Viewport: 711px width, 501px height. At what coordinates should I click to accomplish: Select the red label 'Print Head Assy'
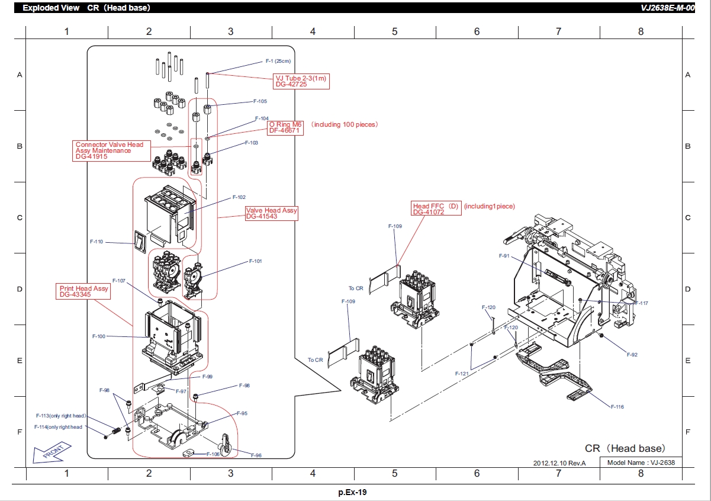click(x=83, y=288)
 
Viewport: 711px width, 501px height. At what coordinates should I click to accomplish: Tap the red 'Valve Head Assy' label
click(x=272, y=210)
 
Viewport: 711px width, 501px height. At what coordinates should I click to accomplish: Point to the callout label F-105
click(x=259, y=101)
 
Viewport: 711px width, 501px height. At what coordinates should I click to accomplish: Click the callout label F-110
click(x=96, y=242)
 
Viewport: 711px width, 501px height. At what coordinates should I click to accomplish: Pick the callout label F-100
click(x=99, y=336)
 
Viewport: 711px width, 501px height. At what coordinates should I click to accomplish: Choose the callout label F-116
click(x=617, y=407)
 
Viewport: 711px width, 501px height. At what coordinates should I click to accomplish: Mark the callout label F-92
click(x=632, y=355)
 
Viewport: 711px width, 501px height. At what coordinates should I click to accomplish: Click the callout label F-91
click(x=504, y=256)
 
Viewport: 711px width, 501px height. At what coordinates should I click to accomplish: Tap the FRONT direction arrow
click(x=50, y=451)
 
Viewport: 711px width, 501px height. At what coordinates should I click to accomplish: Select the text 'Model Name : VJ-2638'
click(x=641, y=463)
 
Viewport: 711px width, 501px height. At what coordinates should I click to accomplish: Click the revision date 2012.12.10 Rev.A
click(x=559, y=463)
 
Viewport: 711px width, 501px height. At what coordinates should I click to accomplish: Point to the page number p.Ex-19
click(x=353, y=492)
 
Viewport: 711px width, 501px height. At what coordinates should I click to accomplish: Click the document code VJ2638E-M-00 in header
click(x=667, y=8)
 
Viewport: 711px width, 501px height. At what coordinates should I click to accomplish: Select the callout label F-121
click(x=462, y=374)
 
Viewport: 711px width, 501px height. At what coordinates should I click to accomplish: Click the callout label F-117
click(x=641, y=303)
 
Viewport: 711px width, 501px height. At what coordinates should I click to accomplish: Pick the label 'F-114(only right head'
click(x=58, y=427)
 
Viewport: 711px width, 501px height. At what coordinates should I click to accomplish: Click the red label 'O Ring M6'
click(x=285, y=124)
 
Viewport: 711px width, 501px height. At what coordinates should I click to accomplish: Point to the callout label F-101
click(x=255, y=261)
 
